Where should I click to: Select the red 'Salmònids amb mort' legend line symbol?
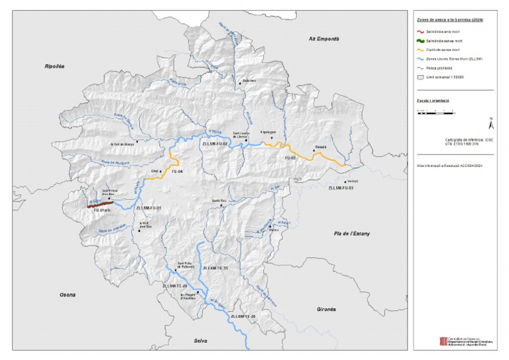pos(420,31)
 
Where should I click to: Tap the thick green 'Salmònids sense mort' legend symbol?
pos(420,40)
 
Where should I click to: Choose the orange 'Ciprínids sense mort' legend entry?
pos(420,50)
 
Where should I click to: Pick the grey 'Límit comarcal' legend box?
pos(420,78)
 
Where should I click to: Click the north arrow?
pos(490,123)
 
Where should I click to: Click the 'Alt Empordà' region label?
pos(323,39)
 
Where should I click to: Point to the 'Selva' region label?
pos(200,341)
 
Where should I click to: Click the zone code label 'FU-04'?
pos(177,172)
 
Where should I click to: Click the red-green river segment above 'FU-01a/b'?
pos(99,205)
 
